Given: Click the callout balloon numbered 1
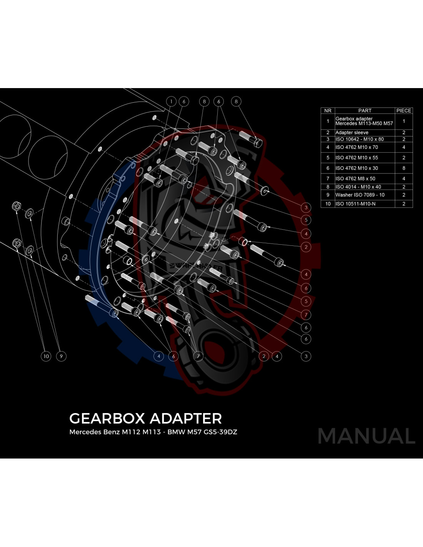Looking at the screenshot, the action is click(x=171, y=102).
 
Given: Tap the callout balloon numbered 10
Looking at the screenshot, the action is click(x=46, y=356).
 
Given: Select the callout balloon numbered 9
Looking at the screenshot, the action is click(x=61, y=356).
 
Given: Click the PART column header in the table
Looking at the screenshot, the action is click(x=365, y=110).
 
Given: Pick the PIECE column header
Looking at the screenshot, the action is click(x=404, y=110).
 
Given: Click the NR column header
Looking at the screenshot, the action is click(x=328, y=110).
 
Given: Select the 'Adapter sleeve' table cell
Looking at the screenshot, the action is click(x=365, y=132).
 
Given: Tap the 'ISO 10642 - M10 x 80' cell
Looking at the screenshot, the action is click(x=365, y=139).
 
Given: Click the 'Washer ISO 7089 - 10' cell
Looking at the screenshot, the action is click(x=365, y=195).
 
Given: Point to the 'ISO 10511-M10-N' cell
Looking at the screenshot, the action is click(x=365, y=203).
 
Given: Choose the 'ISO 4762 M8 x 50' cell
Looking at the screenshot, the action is click(x=365, y=178).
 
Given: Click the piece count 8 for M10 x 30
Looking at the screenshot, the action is click(x=404, y=168).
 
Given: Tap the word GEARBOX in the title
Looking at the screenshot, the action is click(x=107, y=419).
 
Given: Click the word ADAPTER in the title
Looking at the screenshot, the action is click(x=186, y=419).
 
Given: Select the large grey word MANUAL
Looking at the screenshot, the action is click(x=366, y=436).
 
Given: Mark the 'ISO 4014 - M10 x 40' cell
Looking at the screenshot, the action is click(x=365, y=187).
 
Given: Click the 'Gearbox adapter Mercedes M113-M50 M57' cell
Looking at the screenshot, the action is click(x=365, y=121).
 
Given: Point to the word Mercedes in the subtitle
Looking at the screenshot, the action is click(x=85, y=432).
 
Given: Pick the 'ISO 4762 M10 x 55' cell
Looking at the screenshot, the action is click(x=365, y=158).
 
